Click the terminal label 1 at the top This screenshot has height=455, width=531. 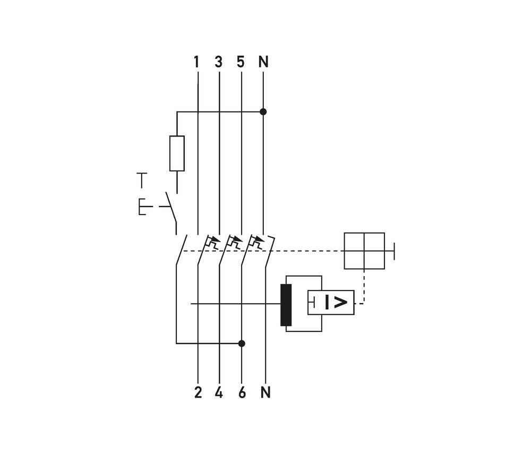coord(196,62)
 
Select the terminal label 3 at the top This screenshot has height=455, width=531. coord(218,62)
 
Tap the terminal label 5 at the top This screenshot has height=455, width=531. coord(241,62)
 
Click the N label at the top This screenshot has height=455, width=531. coord(263,62)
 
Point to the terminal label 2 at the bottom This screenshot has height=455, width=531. coord(198,393)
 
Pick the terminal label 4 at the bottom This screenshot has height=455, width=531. coord(219,393)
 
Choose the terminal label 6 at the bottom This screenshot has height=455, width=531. coord(242,393)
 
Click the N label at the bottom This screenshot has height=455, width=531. coord(265,393)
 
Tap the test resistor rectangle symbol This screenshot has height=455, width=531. coord(177,153)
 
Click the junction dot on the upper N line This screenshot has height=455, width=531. coord(263,112)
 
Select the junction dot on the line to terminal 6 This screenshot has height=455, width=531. coord(242,344)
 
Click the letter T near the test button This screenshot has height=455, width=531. coord(141,181)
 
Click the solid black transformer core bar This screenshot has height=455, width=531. coord(286,305)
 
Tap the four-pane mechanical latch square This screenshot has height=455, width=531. coord(364,251)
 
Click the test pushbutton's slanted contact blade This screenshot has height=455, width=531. coord(170,212)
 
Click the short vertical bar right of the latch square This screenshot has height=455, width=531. coord(394,251)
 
